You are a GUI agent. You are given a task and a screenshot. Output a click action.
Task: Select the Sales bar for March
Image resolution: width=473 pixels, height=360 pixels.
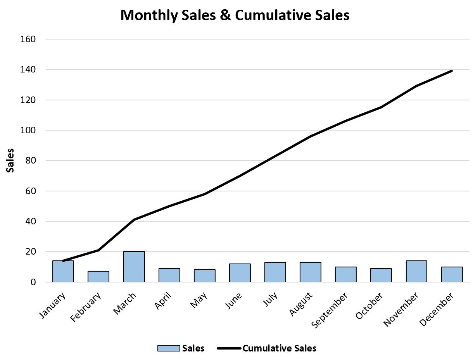coord(134,267)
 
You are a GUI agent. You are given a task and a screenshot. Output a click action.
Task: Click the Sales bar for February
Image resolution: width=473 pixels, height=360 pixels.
coord(98,276)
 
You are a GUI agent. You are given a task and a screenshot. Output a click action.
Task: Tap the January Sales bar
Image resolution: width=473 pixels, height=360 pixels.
coord(63,271)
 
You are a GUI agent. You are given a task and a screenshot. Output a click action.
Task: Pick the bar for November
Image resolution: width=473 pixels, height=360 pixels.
coord(416,271)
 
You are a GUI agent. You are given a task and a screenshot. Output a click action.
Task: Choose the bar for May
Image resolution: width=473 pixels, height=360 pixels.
coord(204,276)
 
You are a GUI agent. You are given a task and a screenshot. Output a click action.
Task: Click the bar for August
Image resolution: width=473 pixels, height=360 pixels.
coord(310,272)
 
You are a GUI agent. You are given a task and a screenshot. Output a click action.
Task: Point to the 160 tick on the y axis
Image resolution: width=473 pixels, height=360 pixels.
coord(30,39)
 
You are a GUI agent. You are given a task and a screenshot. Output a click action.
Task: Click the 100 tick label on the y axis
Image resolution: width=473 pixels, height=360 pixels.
coord(30,130)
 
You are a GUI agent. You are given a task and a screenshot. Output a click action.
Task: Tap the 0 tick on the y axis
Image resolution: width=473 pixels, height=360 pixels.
coord(33,282)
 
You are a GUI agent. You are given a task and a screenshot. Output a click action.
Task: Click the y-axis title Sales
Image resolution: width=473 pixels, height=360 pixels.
coord(10,160)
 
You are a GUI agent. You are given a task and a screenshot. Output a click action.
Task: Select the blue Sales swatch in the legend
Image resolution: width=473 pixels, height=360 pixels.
coord(169,348)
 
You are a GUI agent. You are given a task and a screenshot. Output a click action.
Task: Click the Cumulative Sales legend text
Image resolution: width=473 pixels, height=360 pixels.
coord(279,348)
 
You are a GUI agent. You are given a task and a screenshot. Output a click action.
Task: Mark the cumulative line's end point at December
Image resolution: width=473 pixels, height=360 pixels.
coord(452,71)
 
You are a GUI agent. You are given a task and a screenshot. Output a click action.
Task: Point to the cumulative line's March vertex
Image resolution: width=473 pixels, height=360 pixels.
coord(134,220)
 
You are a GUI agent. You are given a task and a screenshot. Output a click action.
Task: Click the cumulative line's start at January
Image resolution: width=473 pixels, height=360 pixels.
coord(63,261)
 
